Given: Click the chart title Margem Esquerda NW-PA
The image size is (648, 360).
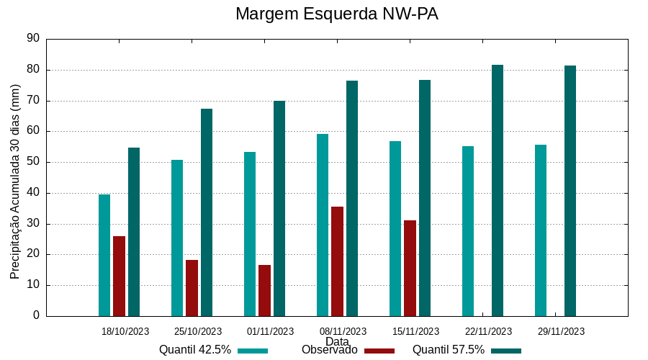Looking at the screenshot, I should point(336,14).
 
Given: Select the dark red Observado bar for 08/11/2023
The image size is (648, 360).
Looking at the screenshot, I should point(337,261).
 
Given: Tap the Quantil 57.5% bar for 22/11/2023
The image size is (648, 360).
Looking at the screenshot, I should point(498,190).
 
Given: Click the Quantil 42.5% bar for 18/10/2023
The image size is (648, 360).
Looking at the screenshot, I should point(104,255).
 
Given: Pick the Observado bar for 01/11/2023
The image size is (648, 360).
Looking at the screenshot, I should point(264,290).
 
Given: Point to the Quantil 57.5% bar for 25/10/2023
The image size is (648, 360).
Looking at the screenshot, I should point(207,212).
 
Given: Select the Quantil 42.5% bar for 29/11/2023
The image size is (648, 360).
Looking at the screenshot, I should point(541,230).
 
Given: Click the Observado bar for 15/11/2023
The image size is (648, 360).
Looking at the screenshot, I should point(410,268).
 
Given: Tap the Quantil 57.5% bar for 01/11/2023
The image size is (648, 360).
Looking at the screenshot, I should point(279,208).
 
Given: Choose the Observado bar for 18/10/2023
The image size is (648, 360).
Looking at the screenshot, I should point(119,276).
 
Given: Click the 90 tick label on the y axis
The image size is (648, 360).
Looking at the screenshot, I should point(32,39).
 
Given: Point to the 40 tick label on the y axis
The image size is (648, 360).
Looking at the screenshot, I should point(32,193).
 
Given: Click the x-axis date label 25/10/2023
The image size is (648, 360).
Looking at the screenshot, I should point(198,332).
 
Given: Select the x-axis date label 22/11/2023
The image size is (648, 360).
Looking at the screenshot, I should point(488,332).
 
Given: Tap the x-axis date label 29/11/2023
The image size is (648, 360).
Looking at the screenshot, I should point(561,332).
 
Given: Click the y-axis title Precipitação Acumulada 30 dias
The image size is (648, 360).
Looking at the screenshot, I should point(15,181).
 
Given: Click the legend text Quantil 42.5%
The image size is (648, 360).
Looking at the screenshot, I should point(195,350).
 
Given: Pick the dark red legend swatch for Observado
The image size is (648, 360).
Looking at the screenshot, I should point(379,351).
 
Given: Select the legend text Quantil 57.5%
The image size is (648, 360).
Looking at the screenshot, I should point(449,350).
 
